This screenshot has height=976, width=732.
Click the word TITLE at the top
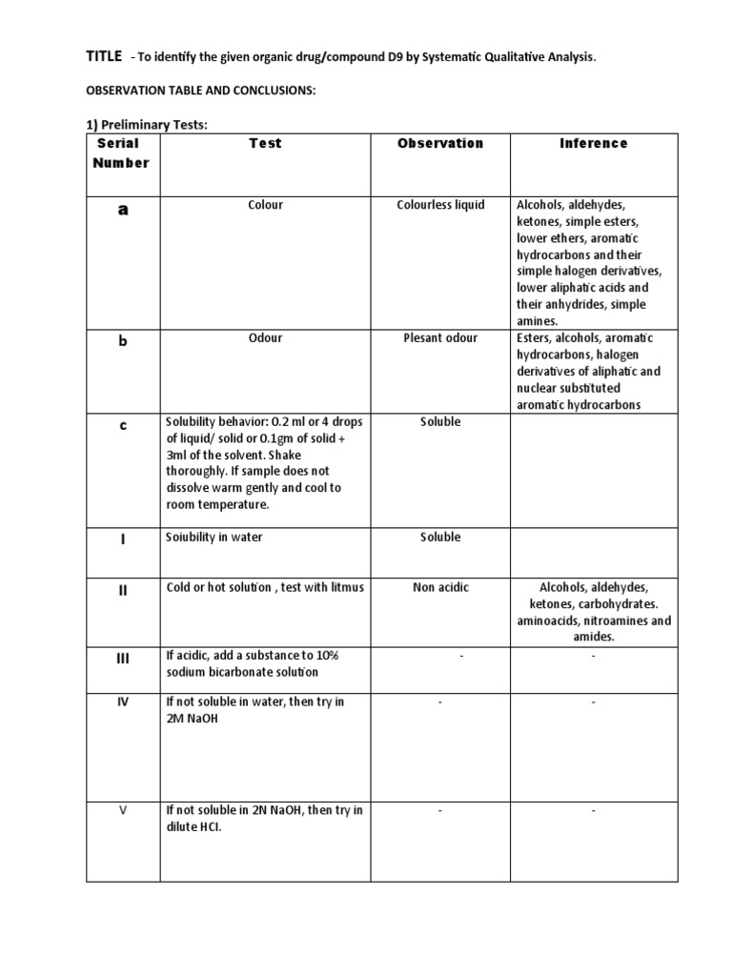tap(105, 57)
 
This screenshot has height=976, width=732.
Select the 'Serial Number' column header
tap(121, 152)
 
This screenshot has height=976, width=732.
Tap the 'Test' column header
tap(265, 143)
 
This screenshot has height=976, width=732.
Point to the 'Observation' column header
tap(439, 143)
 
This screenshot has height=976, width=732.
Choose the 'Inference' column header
tap(593, 143)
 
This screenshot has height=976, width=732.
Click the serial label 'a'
tap(123, 211)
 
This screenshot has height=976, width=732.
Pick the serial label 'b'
tap(123, 341)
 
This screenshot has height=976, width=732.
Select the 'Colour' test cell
tap(265, 205)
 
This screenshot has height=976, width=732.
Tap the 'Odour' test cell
tap(265, 338)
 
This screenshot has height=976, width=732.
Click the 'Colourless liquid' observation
tap(439, 205)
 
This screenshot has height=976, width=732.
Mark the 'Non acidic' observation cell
tap(440, 587)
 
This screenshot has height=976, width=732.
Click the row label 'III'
tap(123, 658)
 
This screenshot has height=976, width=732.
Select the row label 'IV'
tap(123, 701)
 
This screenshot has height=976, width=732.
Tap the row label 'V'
tap(123, 810)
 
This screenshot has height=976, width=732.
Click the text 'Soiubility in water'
tap(214, 538)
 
